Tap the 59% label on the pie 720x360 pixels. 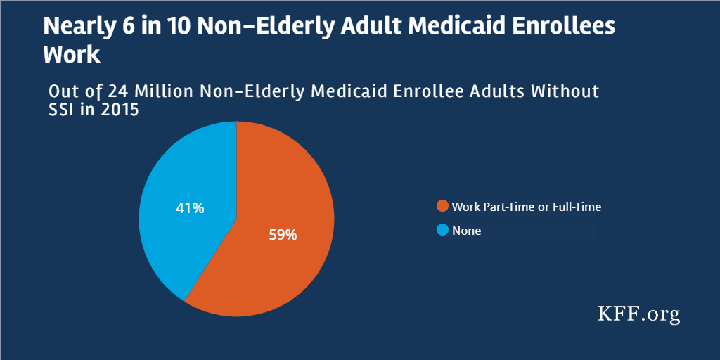click(283, 235)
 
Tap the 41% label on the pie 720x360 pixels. click(189, 208)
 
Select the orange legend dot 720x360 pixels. click(442, 207)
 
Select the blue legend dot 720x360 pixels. click(442, 230)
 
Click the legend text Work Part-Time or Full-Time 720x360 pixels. click(526, 207)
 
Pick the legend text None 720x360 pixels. click(466, 231)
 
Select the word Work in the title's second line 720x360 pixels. click(72, 55)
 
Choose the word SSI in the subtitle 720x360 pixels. click(63, 110)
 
